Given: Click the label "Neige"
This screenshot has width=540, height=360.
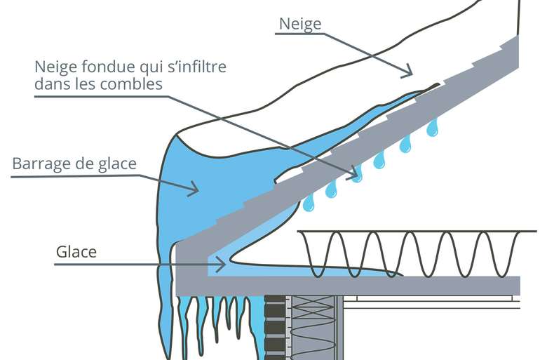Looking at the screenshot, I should (x=300, y=23).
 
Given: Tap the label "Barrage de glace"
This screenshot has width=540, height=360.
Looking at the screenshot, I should (x=74, y=164).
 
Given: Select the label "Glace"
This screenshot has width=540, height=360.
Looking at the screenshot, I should (x=76, y=251).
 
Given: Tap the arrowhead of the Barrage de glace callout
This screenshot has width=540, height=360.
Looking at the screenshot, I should (x=193, y=187).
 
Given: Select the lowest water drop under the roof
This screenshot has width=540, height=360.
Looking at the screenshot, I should (x=308, y=203).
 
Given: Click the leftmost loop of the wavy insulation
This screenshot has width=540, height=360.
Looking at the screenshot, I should (x=316, y=253).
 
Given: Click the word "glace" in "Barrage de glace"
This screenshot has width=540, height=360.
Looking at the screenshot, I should (x=118, y=164).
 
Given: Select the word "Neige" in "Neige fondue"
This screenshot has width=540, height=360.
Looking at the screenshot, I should (x=55, y=67).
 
